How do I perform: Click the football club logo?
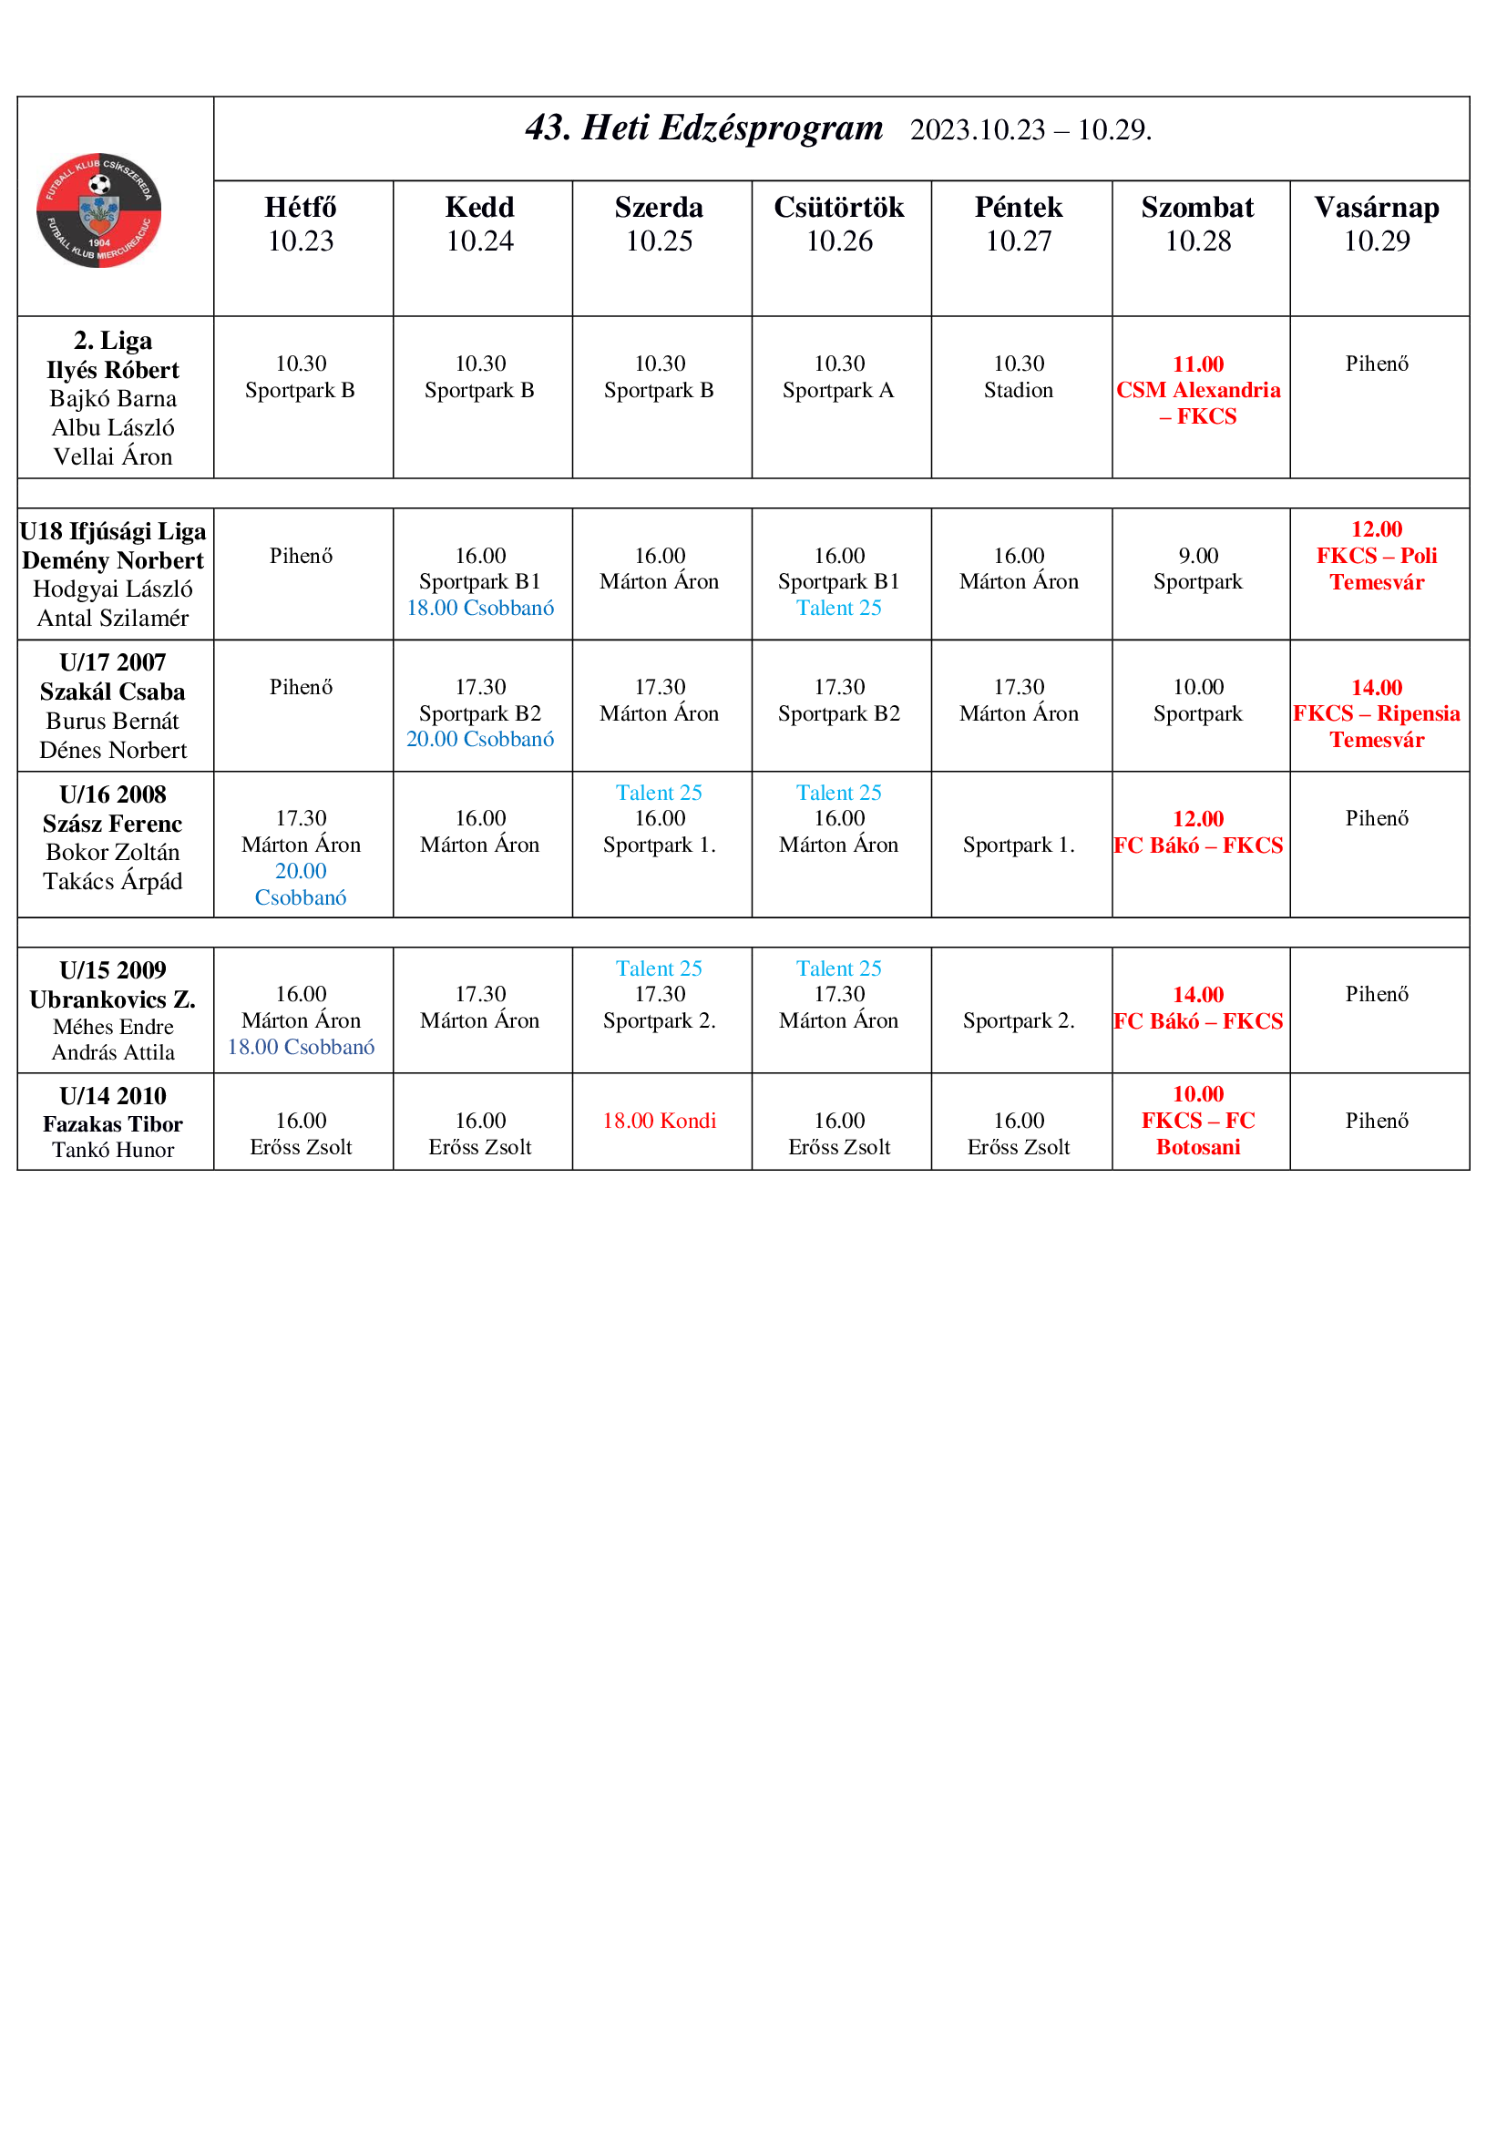98,210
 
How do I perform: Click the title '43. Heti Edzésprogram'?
704,128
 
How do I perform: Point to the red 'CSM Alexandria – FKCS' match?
1198,391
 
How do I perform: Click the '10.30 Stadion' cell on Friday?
1018,377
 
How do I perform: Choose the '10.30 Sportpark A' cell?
838,377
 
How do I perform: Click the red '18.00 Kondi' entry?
659,1121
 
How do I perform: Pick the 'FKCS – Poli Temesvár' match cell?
1377,556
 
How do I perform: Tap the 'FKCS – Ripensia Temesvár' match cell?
1377,713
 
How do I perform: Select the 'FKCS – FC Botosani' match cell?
1198,1121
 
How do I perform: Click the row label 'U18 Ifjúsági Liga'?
113,532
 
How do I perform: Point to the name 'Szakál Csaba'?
113,692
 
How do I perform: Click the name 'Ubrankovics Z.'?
113,999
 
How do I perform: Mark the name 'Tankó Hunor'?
113,1150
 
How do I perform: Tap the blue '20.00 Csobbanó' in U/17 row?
480,740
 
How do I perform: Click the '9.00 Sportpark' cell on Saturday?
1198,569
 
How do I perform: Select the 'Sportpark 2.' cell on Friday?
1018,1021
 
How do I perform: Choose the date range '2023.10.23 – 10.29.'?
1031,130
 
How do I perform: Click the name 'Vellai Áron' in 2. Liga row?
113,456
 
